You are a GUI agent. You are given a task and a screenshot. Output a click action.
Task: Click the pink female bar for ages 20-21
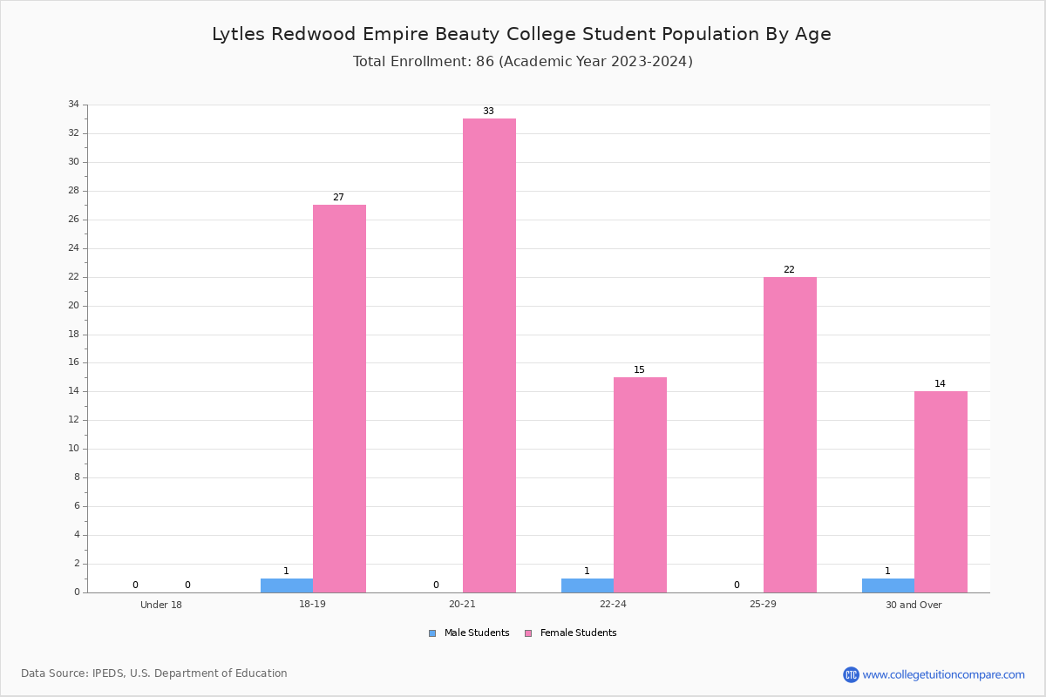click(x=489, y=355)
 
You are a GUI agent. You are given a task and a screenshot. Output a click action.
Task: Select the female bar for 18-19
click(x=339, y=399)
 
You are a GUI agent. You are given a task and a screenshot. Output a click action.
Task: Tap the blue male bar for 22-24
click(x=588, y=585)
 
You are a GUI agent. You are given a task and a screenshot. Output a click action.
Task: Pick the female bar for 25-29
click(x=790, y=435)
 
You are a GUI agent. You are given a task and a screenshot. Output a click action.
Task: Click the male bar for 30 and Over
click(x=888, y=585)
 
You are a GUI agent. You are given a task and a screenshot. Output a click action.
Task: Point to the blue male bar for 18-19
click(x=287, y=585)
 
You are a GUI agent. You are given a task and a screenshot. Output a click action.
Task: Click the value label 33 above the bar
click(x=488, y=112)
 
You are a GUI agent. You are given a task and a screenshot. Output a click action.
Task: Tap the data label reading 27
click(x=338, y=197)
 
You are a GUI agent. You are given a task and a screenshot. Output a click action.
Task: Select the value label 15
click(x=639, y=369)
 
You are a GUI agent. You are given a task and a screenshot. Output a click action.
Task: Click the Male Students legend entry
click(x=469, y=633)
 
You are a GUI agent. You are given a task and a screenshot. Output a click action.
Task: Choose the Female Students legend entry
click(x=571, y=633)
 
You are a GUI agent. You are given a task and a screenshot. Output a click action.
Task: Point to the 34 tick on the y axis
click(x=74, y=104)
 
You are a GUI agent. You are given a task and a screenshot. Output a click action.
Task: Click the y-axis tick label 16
click(x=74, y=362)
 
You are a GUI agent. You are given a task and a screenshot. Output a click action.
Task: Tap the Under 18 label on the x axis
click(x=161, y=605)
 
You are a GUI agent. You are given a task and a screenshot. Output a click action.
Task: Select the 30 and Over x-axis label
click(x=914, y=605)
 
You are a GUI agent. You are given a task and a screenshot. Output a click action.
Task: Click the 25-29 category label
click(x=763, y=604)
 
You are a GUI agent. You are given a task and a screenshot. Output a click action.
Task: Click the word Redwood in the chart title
click(x=313, y=34)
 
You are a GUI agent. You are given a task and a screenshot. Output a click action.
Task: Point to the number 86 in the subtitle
click(x=486, y=62)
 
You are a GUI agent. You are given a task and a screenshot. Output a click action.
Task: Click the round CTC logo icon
click(x=852, y=674)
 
